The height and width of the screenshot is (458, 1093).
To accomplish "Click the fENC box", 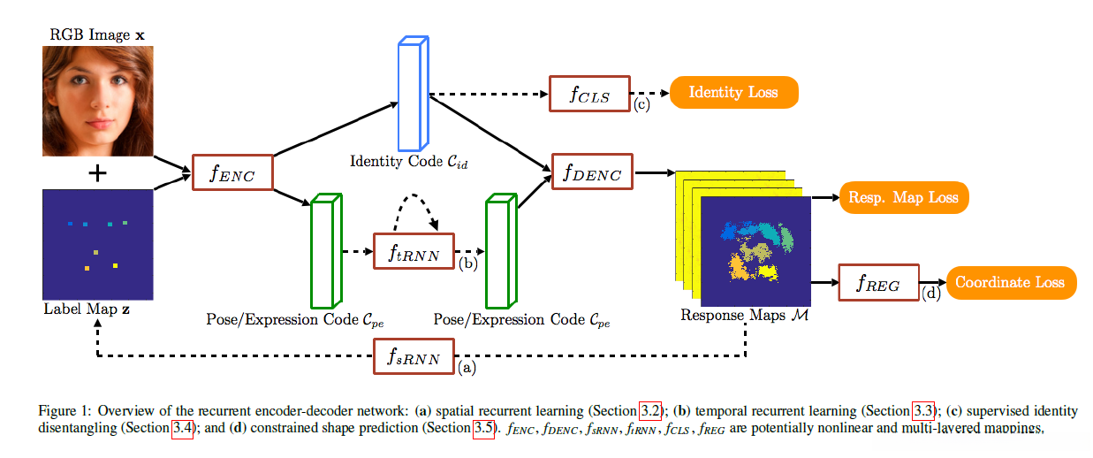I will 232,173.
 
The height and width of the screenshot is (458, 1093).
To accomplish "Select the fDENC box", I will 592,172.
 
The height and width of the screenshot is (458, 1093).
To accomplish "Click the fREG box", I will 878,283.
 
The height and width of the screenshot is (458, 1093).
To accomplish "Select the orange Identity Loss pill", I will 733,92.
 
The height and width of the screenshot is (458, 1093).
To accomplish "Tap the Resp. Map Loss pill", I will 903,196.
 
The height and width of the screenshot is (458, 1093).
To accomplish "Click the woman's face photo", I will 98,102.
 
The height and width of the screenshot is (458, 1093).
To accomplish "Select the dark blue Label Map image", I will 98,244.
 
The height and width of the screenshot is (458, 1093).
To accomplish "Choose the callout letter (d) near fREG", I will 931,293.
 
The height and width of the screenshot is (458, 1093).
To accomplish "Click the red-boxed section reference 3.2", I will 650,411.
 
